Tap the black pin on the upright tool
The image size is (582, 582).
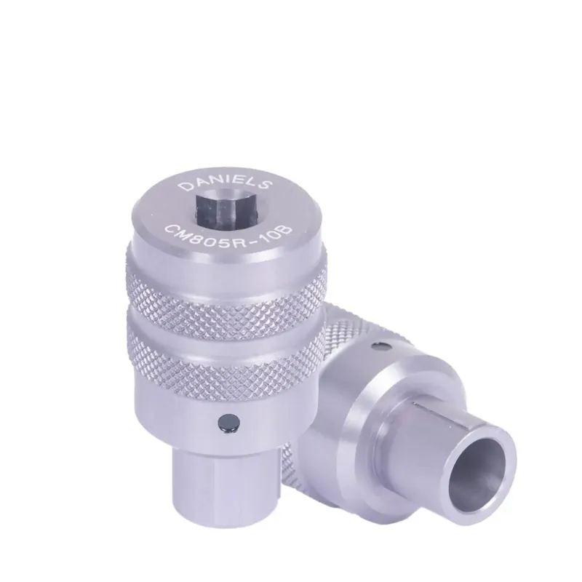point(226,423)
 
